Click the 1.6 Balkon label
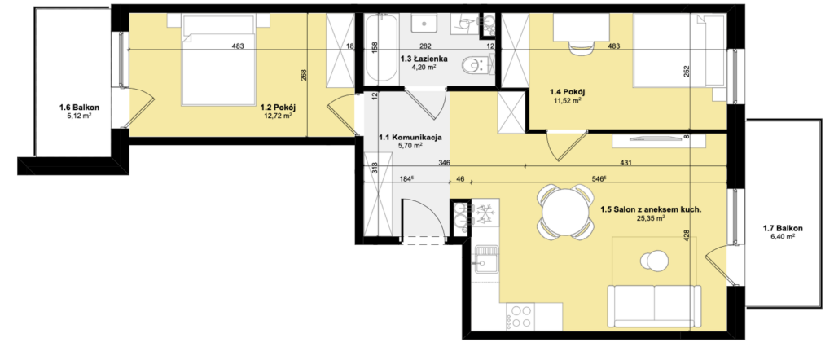click(x=79, y=108)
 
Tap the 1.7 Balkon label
click(x=783, y=229)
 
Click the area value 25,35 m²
click(x=651, y=218)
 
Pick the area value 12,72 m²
click(x=279, y=116)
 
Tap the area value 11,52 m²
click(x=565, y=99)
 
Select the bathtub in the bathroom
click(x=381, y=48)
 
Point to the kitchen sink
click(x=485, y=260)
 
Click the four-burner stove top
click(x=520, y=316)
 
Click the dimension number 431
click(x=625, y=163)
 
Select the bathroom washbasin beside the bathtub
click(x=425, y=23)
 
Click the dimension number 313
click(x=375, y=167)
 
